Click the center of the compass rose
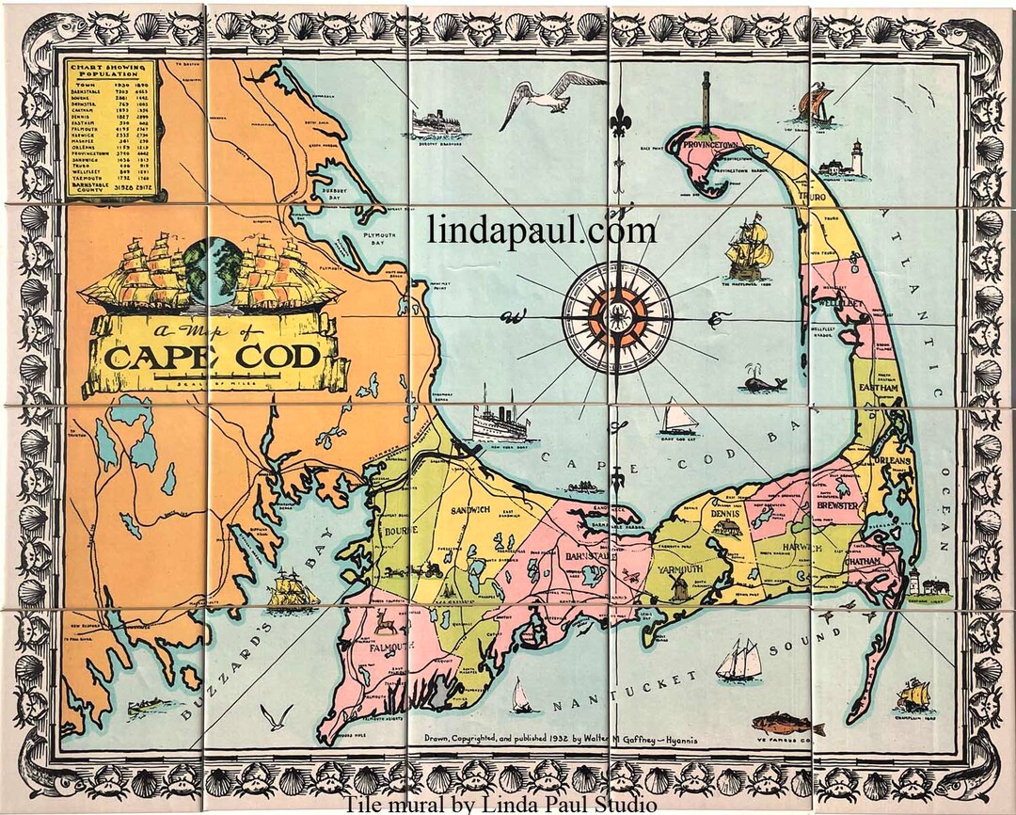pos(617,316)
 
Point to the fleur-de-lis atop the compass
pos(619,121)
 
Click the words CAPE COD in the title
pos(213,357)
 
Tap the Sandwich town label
pos(468,509)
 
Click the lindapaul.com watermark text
pos(541,230)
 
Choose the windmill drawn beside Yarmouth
pos(677,589)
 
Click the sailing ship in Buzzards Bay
pos(292,591)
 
